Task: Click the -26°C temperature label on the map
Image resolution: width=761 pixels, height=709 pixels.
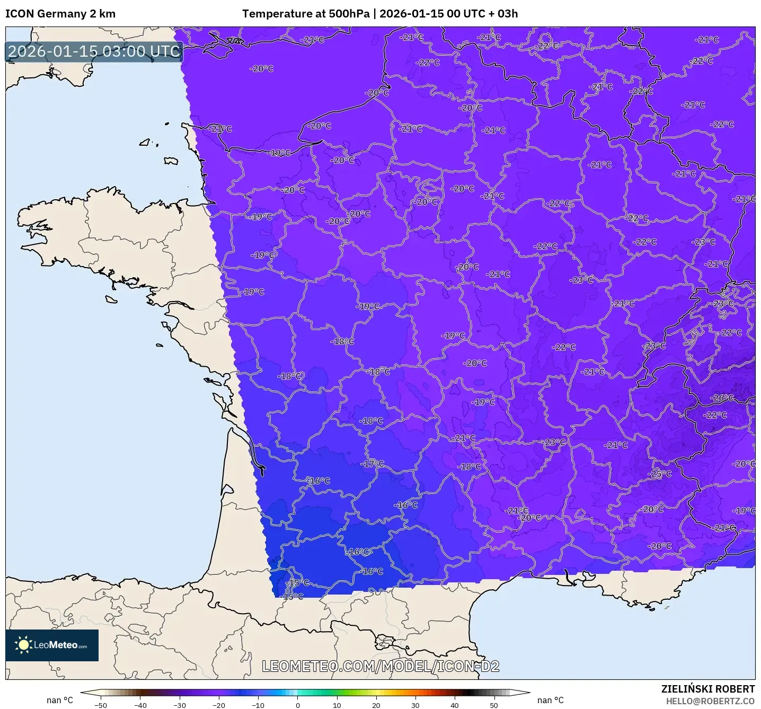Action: pyautogui.click(x=722, y=398)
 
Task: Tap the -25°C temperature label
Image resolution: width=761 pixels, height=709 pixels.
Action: pyautogui.click(x=660, y=474)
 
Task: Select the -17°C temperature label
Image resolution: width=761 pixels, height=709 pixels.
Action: pyautogui.click(x=373, y=464)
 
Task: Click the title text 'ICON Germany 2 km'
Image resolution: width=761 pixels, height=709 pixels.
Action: pyautogui.click(x=60, y=14)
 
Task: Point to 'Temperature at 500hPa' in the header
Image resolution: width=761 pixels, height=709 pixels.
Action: pyautogui.click(x=306, y=14)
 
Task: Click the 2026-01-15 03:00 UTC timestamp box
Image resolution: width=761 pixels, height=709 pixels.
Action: pyautogui.click(x=94, y=51)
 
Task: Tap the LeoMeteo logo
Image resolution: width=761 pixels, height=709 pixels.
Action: pyautogui.click(x=52, y=645)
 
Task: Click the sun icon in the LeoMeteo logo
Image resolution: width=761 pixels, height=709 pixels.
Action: pyautogui.click(x=23, y=645)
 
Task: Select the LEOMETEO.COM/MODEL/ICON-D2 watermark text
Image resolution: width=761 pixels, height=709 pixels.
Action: pyautogui.click(x=380, y=667)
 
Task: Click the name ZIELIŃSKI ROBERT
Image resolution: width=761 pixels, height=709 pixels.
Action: pyautogui.click(x=707, y=689)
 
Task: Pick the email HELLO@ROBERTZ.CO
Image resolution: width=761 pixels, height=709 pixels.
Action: pyautogui.click(x=710, y=701)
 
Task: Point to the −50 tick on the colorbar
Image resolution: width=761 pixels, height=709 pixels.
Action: pyautogui.click(x=100, y=705)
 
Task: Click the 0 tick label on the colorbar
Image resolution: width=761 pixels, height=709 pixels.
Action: pyautogui.click(x=298, y=705)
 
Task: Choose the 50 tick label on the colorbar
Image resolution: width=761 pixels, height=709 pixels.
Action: pyautogui.click(x=494, y=705)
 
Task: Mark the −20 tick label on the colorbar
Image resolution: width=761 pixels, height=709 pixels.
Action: pyautogui.click(x=218, y=705)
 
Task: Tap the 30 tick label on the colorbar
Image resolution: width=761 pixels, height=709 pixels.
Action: pyautogui.click(x=415, y=705)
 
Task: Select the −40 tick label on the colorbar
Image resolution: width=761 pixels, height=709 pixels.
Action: pyautogui.click(x=140, y=705)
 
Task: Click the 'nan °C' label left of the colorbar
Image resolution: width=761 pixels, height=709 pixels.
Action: pyautogui.click(x=60, y=701)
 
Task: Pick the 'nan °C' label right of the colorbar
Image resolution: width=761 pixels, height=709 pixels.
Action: pyautogui.click(x=551, y=701)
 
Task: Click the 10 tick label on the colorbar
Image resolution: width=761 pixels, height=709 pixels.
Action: pyautogui.click(x=337, y=705)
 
